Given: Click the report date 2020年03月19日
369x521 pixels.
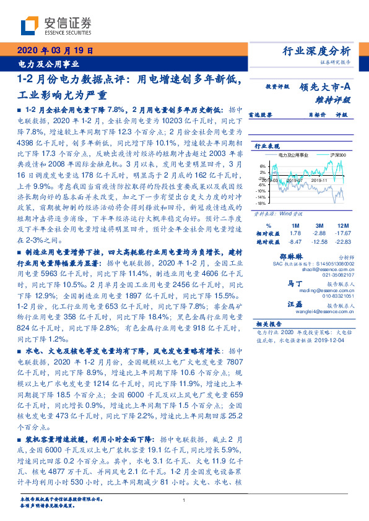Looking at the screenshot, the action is (x=54, y=52).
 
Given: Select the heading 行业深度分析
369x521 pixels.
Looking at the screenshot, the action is (x=325, y=51).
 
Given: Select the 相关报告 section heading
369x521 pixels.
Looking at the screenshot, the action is (x=269, y=324).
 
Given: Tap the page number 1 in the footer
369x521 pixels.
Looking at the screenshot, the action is (x=184, y=500).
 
